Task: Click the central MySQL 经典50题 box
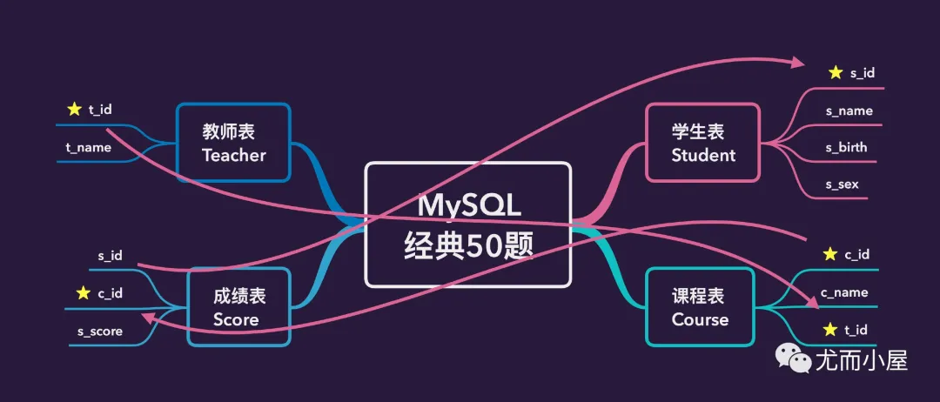pos(468,224)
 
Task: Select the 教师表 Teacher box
pos(233,143)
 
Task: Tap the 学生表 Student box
pos(703,143)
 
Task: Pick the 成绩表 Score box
pos(239,307)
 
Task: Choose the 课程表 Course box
pos(700,307)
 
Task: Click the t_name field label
pos(89,147)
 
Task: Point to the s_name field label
pos(849,111)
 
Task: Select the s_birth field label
pos(846,147)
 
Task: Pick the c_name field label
pos(844,292)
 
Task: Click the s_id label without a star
pos(111,255)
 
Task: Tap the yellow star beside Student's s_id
pos(836,73)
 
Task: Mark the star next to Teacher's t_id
pos(74,110)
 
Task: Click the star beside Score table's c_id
pos(84,292)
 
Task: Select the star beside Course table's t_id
pos(830,329)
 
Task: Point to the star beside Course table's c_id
pos(830,255)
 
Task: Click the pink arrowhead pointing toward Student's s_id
pos(798,62)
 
